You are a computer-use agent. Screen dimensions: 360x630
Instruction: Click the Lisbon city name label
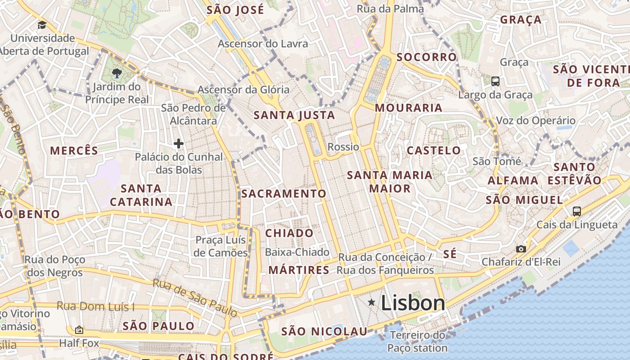coord(413,303)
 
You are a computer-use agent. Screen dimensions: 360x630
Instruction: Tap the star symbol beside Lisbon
coord(371,302)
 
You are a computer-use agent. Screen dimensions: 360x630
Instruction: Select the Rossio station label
coord(343,147)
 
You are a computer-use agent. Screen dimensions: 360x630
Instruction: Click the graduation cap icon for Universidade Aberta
coord(42,25)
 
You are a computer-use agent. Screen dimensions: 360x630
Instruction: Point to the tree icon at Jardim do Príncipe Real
coord(117,72)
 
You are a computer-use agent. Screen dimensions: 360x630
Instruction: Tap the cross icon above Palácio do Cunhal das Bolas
coord(179,144)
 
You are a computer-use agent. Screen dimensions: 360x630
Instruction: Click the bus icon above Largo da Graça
coord(495,81)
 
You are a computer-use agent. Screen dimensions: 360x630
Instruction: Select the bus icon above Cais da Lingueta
coord(577,211)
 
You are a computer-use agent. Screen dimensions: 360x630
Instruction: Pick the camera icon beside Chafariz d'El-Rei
coord(521,249)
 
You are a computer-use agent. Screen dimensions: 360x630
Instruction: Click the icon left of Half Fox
coord(79,330)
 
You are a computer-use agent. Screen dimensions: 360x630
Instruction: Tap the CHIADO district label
coord(289,233)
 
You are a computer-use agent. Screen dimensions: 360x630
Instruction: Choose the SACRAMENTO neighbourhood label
coord(283,193)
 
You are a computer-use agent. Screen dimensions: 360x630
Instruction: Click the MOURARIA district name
coord(409,108)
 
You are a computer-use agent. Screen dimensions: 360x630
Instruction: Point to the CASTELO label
coord(434,150)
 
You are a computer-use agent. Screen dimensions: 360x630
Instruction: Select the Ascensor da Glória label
coord(243,90)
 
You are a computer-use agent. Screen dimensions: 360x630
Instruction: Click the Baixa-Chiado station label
coord(297,252)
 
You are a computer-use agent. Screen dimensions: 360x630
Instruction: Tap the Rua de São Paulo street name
coord(194,297)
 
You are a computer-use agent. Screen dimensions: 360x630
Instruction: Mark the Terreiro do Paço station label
coord(418,342)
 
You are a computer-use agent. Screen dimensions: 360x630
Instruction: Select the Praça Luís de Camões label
coord(221,246)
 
